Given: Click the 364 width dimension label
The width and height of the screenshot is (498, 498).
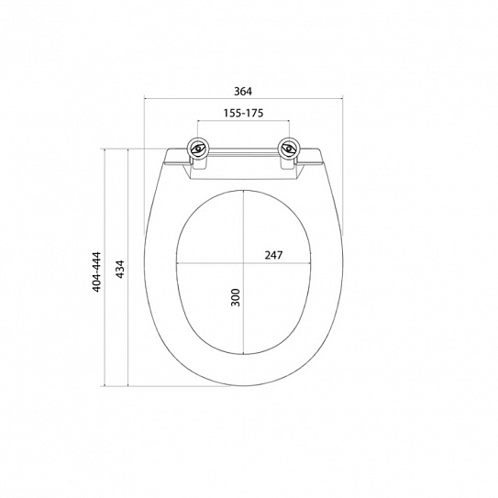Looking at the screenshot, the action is tap(243, 92).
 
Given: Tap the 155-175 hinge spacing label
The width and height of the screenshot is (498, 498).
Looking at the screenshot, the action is tap(243, 113).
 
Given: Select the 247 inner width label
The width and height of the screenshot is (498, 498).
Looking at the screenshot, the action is tap(273, 255).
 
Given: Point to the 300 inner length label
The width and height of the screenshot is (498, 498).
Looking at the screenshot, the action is tap(236, 297).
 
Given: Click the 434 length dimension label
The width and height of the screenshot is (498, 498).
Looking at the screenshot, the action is tap(120, 270).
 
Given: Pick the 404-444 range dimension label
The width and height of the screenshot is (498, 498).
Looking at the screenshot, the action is tap(96, 271).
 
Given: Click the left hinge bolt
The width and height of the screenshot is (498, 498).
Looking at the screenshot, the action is tap(198, 149).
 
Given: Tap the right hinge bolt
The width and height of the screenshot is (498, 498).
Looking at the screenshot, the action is tap(289, 149).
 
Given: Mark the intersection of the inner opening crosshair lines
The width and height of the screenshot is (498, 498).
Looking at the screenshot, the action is tap(244, 263).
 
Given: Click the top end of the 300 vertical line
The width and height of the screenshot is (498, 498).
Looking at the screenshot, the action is tap(244, 190).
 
